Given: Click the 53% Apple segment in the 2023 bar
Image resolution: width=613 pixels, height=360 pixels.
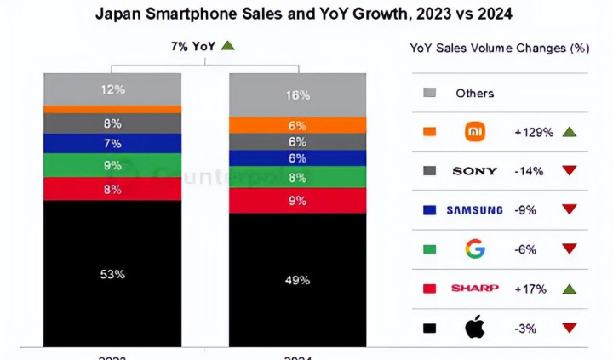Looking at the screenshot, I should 113,273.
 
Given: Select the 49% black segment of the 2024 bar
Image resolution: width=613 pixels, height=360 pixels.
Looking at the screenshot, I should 297,279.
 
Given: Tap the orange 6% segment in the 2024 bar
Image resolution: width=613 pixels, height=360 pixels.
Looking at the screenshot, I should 297,125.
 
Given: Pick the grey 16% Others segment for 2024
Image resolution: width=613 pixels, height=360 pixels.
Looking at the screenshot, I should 297,95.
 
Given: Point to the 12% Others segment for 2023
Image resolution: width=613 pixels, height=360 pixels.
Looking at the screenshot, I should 113,89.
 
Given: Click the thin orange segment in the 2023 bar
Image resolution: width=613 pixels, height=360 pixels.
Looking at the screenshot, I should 113,109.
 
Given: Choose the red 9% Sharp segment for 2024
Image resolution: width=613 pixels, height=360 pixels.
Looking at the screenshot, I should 297,201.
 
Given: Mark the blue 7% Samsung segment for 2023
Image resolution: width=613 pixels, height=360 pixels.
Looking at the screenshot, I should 113,143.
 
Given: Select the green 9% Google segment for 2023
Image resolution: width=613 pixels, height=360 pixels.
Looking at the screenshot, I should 113,165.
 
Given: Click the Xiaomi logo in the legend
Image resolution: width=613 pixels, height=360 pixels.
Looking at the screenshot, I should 475,132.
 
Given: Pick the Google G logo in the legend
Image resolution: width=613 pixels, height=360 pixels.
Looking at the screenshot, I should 475,249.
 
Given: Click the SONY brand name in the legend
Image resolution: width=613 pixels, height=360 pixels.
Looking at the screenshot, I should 475,171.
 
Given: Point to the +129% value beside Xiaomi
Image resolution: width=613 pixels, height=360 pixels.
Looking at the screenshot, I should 534,132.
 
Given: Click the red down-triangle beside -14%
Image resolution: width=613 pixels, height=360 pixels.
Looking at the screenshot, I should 570,171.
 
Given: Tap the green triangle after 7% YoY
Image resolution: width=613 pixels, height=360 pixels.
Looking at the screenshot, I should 227,46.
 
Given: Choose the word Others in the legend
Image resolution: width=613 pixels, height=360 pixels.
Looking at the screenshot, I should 474,93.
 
